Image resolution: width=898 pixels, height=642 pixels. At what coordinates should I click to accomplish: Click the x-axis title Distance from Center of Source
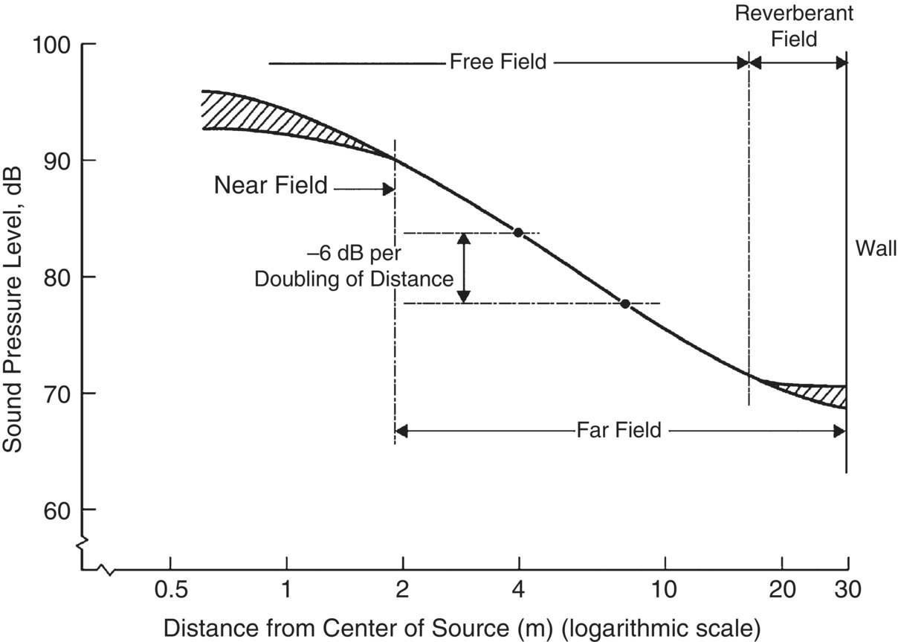coord(461,626)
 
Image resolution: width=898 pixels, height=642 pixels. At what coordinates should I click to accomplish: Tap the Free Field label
coord(498,62)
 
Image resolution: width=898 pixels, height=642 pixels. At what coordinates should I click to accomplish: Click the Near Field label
coord(271,185)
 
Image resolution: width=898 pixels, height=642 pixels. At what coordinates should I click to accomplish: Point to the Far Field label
coord(618,430)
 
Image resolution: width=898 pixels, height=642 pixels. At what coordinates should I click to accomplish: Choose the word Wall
coord(876,247)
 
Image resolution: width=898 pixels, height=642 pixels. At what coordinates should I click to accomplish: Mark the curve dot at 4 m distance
coord(518,233)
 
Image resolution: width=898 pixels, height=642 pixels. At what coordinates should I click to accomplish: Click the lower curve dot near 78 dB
coord(625,304)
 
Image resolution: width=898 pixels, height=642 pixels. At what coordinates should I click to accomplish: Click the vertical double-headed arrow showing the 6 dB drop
coord(464,268)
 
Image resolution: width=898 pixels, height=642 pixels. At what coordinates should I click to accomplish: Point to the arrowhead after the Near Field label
coord(388,190)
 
